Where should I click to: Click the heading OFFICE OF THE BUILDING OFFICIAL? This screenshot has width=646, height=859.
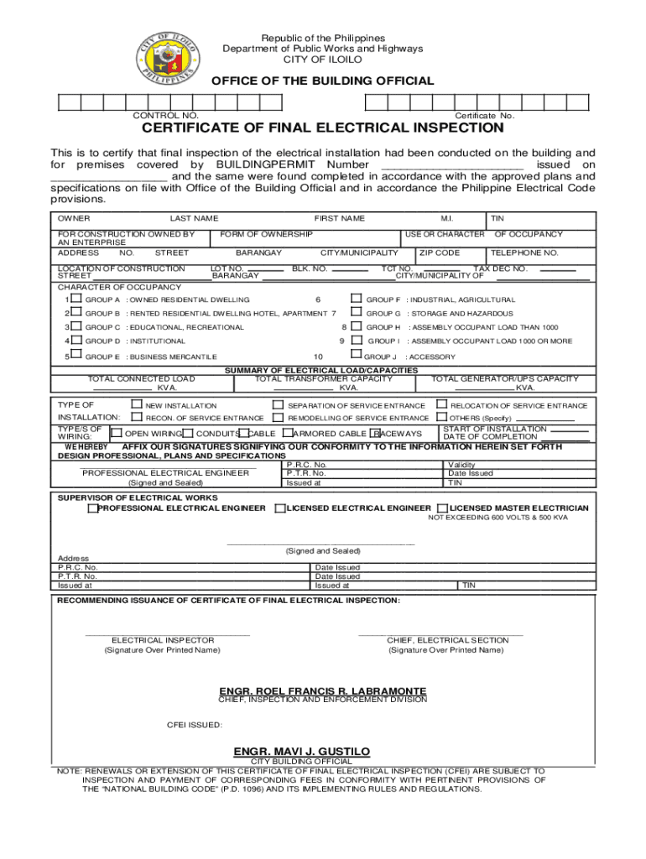point(322,81)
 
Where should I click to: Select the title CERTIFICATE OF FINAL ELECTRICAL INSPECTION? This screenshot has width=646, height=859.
point(322,128)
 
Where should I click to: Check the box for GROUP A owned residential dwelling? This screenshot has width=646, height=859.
point(76,299)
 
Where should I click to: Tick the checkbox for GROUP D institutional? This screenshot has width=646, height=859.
point(76,341)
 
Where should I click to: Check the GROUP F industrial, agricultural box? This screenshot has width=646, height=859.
point(356,299)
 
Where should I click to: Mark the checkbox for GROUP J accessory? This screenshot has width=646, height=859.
point(356,356)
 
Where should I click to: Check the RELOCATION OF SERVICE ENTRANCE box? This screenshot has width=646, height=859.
point(442,404)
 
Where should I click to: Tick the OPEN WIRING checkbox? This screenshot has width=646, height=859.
point(117,433)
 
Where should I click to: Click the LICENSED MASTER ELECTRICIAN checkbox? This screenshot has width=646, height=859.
point(441,508)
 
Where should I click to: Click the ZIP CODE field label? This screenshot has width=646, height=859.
point(440,252)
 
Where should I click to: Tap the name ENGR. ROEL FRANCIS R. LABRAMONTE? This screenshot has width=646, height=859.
point(322,691)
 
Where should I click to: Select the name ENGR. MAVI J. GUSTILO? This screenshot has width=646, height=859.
point(301,751)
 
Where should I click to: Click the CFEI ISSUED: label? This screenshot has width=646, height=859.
point(195,725)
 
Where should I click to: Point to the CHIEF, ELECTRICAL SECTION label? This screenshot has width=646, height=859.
point(447,640)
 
